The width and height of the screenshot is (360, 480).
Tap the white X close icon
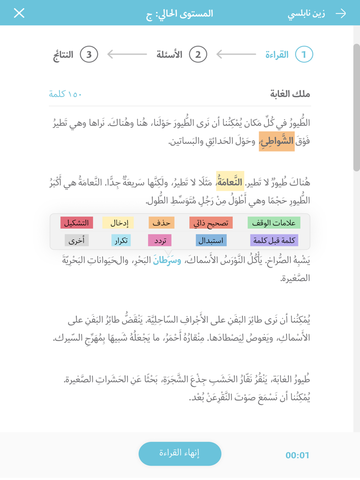click(x=19, y=13)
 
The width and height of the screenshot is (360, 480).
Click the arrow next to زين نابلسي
click(x=340, y=13)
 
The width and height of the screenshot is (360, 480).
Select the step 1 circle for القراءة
click(x=304, y=54)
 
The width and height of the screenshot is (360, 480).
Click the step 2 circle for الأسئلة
click(x=198, y=54)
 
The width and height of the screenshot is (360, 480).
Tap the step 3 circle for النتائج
click(x=89, y=54)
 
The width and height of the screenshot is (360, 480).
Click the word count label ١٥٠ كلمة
click(x=65, y=94)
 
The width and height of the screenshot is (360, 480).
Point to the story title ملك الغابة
click(x=290, y=94)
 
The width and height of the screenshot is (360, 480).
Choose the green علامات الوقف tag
click(x=274, y=223)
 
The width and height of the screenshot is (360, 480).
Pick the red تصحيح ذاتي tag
click(x=211, y=223)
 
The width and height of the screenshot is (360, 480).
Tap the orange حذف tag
click(x=161, y=223)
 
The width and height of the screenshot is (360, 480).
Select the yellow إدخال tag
click(x=118, y=223)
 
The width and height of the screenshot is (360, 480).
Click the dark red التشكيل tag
click(x=77, y=223)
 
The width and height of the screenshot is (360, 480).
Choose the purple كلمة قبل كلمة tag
click(x=274, y=240)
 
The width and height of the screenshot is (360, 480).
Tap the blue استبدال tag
click(x=211, y=240)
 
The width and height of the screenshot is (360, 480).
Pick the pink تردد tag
click(x=159, y=240)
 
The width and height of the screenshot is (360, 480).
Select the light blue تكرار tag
click(x=120, y=240)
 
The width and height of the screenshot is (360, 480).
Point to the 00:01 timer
click(x=298, y=455)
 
